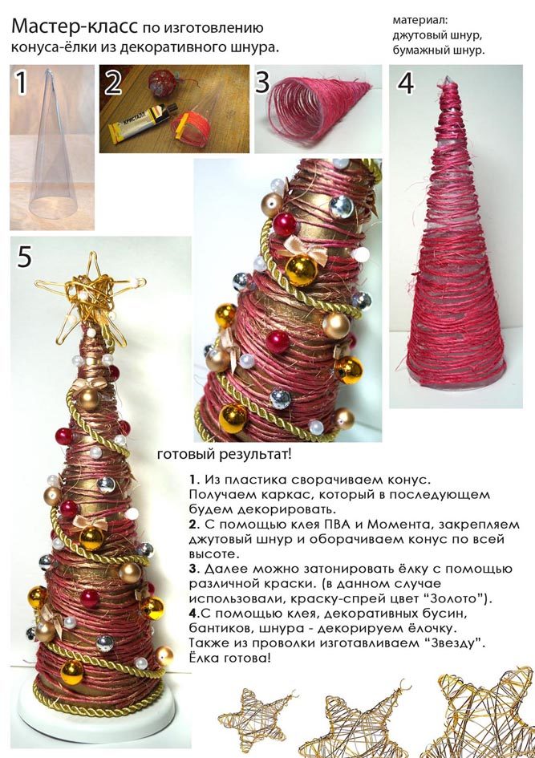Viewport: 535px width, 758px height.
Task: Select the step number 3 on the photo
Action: click(262, 82)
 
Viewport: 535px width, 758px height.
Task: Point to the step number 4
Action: click(406, 83)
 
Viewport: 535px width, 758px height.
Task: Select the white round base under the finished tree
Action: click(96, 716)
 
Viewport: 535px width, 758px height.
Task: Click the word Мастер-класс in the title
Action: click(75, 27)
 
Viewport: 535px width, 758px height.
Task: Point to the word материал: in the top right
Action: click(420, 21)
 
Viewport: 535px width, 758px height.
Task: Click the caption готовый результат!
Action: click(224, 455)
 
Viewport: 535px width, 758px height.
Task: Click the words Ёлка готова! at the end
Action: click(230, 658)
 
